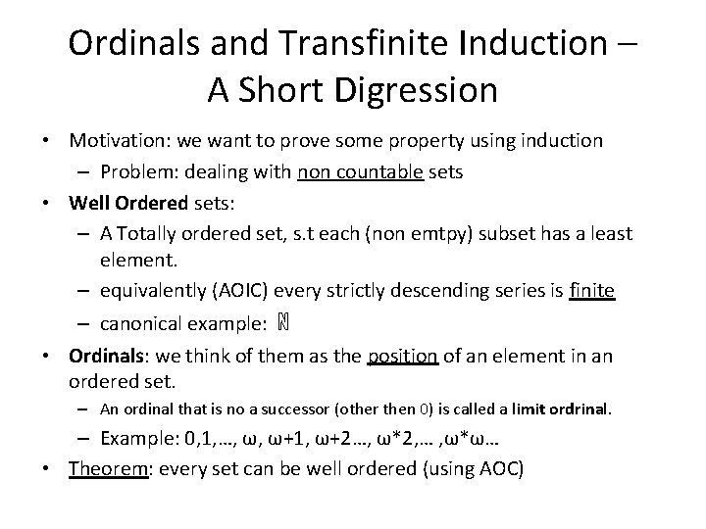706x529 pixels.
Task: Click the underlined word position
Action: (x=402, y=356)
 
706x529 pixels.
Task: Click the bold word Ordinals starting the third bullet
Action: (x=107, y=356)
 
